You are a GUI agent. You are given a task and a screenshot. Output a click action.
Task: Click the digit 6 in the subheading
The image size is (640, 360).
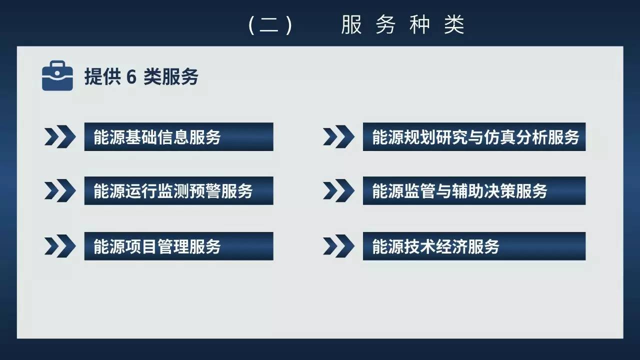(x=131, y=77)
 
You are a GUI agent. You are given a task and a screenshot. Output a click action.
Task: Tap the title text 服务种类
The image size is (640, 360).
(x=402, y=25)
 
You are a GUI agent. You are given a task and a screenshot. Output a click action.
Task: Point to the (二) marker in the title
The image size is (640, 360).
(x=270, y=25)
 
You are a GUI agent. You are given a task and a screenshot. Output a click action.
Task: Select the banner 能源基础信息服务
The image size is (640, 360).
(x=178, y=136)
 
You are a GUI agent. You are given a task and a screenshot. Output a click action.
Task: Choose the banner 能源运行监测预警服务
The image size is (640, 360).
(x=178, y=190)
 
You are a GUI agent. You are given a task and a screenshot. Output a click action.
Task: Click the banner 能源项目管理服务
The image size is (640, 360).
(x=178, y=246)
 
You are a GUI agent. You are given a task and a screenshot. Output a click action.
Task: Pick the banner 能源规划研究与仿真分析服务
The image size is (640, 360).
(x=474, y=136)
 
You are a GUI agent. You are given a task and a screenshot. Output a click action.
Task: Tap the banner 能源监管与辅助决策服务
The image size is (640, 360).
(x=474, y=190)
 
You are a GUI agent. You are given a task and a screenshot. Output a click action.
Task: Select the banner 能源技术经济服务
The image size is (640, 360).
(x=474, y=246)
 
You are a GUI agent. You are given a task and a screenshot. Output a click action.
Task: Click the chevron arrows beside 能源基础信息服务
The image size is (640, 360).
(x=60, y=137)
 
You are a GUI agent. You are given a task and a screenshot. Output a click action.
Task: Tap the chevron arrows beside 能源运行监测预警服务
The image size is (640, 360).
(x=60, y=190)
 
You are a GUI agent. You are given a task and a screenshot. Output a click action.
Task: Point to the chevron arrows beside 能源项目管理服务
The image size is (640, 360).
(x=60, y=246)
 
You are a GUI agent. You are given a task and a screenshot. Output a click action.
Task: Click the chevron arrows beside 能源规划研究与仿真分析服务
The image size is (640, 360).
(x=338, y=137)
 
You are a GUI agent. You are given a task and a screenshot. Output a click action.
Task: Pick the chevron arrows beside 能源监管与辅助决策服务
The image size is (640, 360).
(x=338, y=190)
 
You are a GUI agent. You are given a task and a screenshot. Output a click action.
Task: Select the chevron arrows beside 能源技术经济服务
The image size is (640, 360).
(x=338, y=246)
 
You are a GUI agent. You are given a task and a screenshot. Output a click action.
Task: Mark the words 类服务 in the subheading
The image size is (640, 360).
(x=171, y=77)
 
